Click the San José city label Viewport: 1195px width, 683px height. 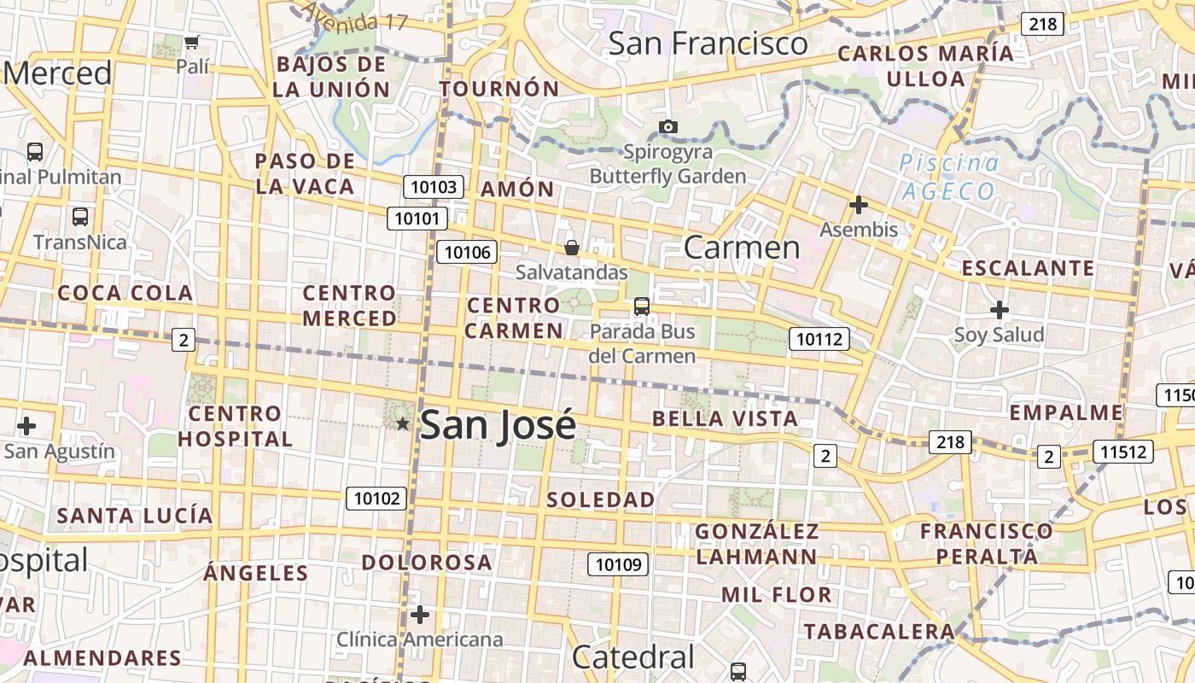coord(498,424)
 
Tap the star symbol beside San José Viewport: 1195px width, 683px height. coord(403,423)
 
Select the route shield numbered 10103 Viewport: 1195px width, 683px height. coord(434,187)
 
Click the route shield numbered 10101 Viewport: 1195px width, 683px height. coord(417,219)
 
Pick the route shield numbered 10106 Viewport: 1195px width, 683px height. coord(467,252)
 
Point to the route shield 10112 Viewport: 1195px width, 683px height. coord(819,339)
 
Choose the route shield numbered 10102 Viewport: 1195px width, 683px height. coord(376,498)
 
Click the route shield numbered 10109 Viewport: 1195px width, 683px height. coord(618,563)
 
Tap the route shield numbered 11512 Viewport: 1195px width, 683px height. coord(1123,452)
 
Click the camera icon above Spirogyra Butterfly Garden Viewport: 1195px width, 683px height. coord(668,127)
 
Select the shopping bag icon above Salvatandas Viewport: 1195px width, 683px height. coord(572,248)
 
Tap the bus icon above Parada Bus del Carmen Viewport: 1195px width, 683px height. coord(642,306)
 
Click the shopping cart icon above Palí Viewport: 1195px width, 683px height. coord(192,41)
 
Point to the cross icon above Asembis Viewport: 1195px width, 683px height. coord(859,205)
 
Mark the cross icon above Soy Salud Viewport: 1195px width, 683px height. coord(999,310)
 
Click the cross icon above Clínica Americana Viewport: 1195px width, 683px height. coord(419,615)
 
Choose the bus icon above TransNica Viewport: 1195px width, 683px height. coord(79,217)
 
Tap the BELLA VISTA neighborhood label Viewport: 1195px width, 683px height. coord(725,419)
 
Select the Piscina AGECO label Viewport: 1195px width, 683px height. coord(948,177)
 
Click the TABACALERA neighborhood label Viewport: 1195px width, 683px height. coord(878,632)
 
